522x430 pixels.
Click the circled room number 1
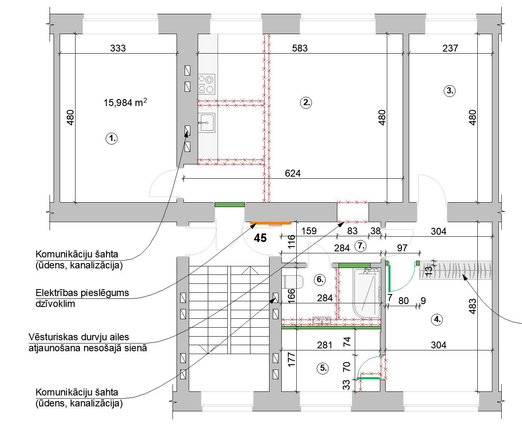coord(112,138)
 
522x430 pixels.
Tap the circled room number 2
coord(306,103)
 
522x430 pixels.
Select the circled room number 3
coord(449,91)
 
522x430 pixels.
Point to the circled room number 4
coord(437,320)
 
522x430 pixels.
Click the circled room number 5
coord(323,368)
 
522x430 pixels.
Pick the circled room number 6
coord(320,279)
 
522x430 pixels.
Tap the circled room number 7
coord(361,246)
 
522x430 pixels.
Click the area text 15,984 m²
coord(125,102)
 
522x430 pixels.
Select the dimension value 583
coord(300,48)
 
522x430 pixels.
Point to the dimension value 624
coord(293,173)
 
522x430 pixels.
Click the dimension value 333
coord(118,48)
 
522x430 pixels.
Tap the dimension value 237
coord(450,48)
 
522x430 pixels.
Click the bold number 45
coord(260,238)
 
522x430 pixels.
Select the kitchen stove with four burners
coord(207,84)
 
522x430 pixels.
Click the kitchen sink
coord(207,123)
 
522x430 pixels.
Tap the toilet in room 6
coord(294,282)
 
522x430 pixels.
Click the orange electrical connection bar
coord(271,223)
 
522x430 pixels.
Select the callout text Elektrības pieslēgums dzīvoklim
coord(82,298)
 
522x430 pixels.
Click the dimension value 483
coord(472,306)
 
